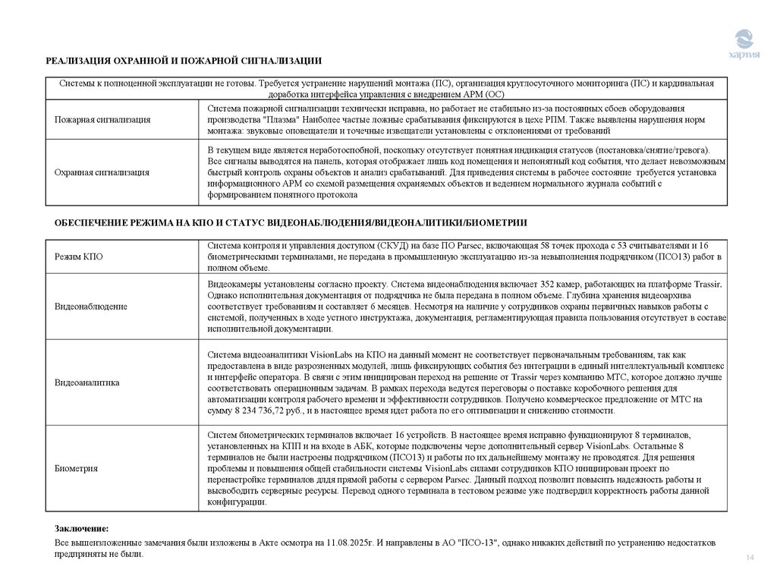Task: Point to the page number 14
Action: click(x=750, y=559)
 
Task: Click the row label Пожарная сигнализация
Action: click(x=102, y=120)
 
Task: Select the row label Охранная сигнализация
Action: click(x=101, y=172)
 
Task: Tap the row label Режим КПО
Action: click(x=78, y=257)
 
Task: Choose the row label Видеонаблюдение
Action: click(x=90, y=306)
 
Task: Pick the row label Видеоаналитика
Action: click(x=87, y=382)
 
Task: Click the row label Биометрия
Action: click(x=76, y=468)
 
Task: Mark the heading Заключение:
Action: click(x=81, y=527)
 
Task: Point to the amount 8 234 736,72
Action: click(x=256, y=410)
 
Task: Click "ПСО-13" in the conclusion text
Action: click(x=477, y=544)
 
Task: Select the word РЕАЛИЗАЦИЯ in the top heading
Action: click(x=77, y=61)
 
